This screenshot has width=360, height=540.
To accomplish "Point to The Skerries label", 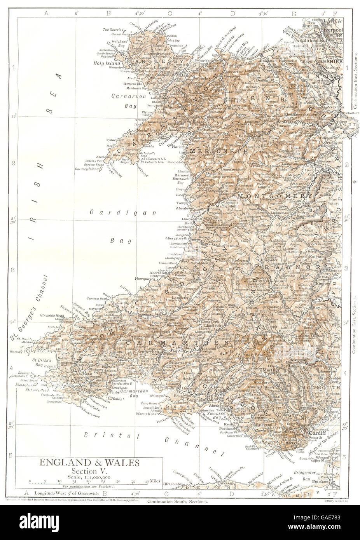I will (x=113, y=30).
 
